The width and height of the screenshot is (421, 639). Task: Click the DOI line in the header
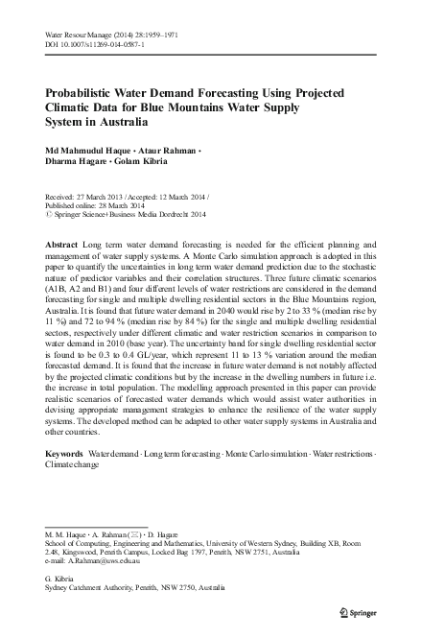tap(91, 44)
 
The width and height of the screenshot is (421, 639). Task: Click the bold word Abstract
tap(62, 246)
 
